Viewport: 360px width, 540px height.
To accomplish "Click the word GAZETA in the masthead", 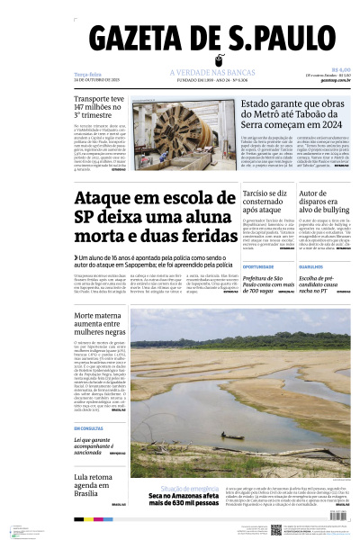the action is [x=145, y=41].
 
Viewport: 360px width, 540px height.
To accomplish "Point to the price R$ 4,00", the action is [x=340, y=69].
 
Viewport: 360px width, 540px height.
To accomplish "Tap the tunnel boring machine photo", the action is [x=185, y=127].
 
